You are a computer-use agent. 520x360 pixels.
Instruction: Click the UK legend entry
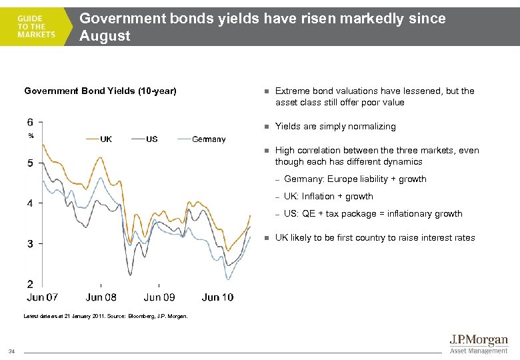(x=106, y=139)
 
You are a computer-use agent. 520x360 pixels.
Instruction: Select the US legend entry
(x=152, y=139)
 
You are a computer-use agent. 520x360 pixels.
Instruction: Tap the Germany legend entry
(x=209, y=139)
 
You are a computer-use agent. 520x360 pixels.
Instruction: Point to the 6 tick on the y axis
(x=31, y=122)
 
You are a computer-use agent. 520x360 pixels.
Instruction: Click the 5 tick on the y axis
(x=31, y=163)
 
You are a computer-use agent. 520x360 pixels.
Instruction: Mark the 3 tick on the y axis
(x=31, y=244)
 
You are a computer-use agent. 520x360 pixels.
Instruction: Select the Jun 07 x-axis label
(x=43, y=297)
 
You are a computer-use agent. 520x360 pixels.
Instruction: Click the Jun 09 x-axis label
(x=159, y=297)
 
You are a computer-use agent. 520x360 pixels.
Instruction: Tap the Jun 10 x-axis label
(x=217, y=297)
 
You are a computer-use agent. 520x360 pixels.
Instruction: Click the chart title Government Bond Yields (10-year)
(x=100, y=91)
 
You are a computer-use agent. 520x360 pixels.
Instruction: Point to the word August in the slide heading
(x=105, y=35)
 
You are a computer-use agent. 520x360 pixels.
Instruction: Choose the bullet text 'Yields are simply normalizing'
(x=335, y=127)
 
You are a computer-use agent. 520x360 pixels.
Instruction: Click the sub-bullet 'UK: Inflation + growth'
(x=328, y=197)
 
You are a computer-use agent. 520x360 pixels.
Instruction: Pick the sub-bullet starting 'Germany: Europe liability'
(x=355, y=179)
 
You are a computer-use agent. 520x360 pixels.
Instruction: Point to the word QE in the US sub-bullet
(x=307, y=214)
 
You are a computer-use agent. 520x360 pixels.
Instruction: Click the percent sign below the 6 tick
(x=31, y=136)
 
